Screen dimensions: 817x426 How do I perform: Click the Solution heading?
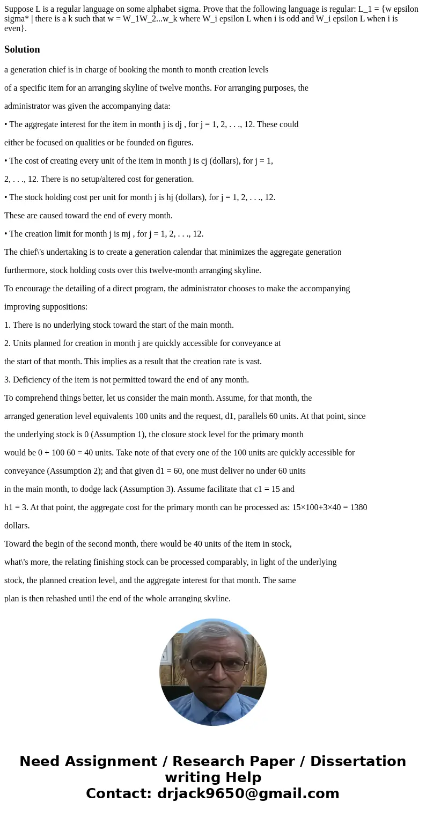click(x=22, y=49)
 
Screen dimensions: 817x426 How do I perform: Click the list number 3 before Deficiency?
click(x=6, y=380)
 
